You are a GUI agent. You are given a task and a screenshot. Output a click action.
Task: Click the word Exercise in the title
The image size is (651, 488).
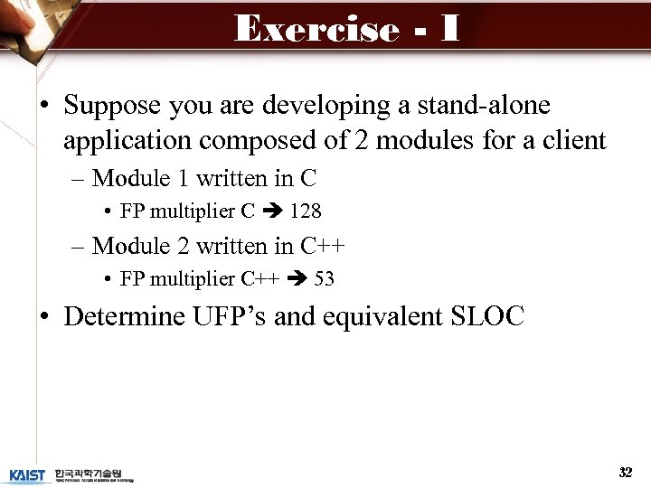[316, 29]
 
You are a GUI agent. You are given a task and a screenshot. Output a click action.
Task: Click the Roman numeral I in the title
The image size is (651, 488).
[449, 29]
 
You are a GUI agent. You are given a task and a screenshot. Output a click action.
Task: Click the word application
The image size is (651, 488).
[127, 140]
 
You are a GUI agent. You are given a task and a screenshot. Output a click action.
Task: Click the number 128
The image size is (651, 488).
[306, 211]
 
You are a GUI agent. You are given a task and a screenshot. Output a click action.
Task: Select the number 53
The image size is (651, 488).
[324, 279]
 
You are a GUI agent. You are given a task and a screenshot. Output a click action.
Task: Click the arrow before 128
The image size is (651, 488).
[272, 211]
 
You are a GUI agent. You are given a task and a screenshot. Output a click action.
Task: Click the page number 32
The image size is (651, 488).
[625, 472]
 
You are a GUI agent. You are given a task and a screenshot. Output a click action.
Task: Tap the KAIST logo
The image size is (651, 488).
[27, 474]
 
